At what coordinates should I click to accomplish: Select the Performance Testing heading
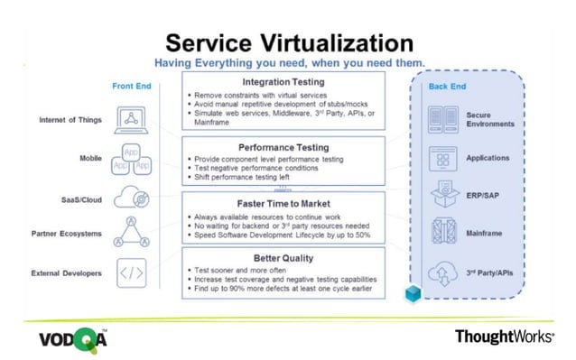pyautogui.click(x=284, y=146)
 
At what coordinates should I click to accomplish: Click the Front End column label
pyautogui.click(x=132, y=87)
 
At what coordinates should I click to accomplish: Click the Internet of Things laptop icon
pyautogui.click(x=133, y=119)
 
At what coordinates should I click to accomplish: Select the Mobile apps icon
pyautogui.click(x=133, y=160)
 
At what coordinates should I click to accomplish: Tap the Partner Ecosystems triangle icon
pyautogui.click(x=133, y=234)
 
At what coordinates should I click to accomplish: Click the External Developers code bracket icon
pyautogui.click(x=133, y=272)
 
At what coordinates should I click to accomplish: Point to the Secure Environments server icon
pyautogui.click(x=441, y=119)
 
